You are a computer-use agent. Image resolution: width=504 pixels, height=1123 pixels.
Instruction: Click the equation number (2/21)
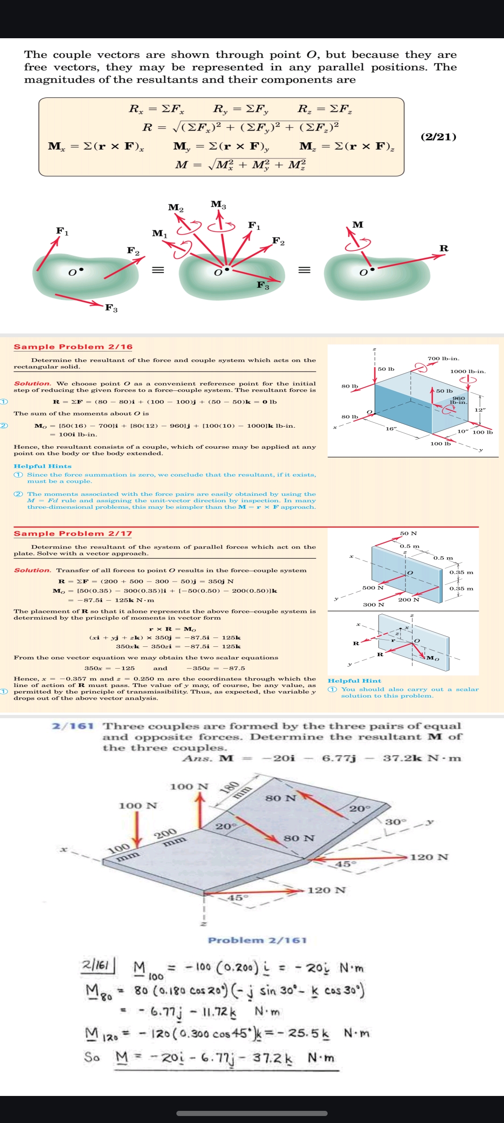point(438,137)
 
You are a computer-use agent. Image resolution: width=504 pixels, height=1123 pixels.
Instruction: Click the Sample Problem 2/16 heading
point(73,347)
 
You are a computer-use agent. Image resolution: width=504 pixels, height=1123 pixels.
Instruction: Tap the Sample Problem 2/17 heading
point(73,533)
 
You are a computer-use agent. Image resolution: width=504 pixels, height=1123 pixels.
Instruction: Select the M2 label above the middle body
point(176,207)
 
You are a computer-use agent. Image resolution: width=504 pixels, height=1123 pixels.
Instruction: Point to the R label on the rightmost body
point(444,248)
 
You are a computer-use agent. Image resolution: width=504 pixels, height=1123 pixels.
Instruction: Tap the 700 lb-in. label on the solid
point(443,358)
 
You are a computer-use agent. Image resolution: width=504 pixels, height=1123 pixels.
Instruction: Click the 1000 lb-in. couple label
point(468,371)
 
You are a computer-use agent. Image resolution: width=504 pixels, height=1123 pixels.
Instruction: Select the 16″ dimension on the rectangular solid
point(391,428)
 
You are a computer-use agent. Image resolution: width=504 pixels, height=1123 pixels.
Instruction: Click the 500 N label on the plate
point(372,588)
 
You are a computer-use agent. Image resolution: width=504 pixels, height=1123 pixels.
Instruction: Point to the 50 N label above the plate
point(408,533)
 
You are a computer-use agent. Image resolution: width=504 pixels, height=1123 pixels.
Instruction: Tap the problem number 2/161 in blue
point(73,726)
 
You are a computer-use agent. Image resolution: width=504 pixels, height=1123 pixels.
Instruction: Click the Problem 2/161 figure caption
point(257,940)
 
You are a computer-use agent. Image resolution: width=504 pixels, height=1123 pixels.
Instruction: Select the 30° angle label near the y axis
point(396,821)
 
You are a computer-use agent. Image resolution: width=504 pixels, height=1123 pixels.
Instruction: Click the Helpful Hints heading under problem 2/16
point(42,466)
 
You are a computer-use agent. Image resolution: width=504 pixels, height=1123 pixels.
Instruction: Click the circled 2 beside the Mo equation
point(4,425)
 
